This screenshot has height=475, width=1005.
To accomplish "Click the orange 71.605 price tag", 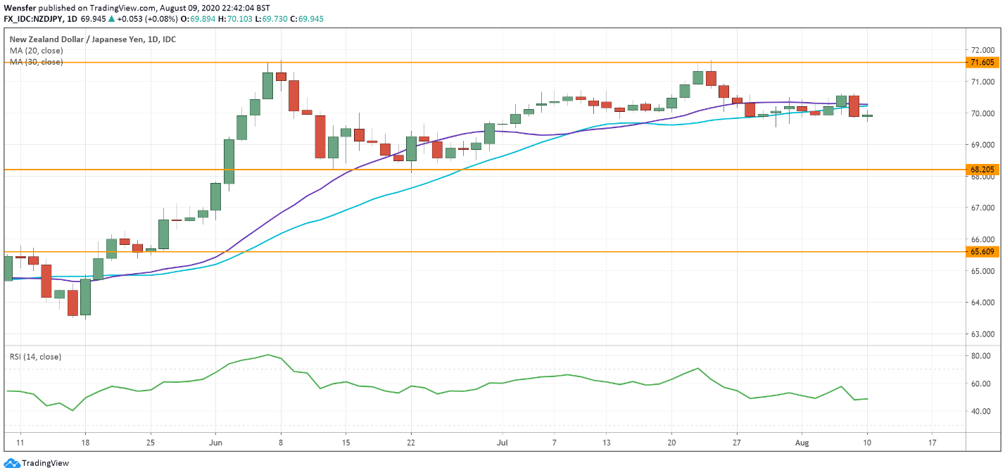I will (982, 63).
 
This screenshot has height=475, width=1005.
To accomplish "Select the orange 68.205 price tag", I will (982, 170).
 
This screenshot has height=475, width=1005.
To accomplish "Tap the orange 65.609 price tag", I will (982, 251).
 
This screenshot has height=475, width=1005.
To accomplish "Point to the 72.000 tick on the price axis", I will (982, 50).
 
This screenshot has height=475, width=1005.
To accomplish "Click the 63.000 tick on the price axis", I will (982, 334).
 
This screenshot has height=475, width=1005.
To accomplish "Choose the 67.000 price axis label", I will (982, 208).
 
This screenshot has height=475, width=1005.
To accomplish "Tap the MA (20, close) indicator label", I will (36, 51).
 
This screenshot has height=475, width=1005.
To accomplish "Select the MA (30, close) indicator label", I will (36, 62).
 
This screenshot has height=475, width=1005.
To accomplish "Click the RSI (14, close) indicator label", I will (35, 357).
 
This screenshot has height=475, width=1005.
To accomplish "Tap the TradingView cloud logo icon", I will (11, 463).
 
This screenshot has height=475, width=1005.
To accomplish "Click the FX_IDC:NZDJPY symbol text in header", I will (36, 18).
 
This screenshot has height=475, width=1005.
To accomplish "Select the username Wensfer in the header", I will (19, 7).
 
